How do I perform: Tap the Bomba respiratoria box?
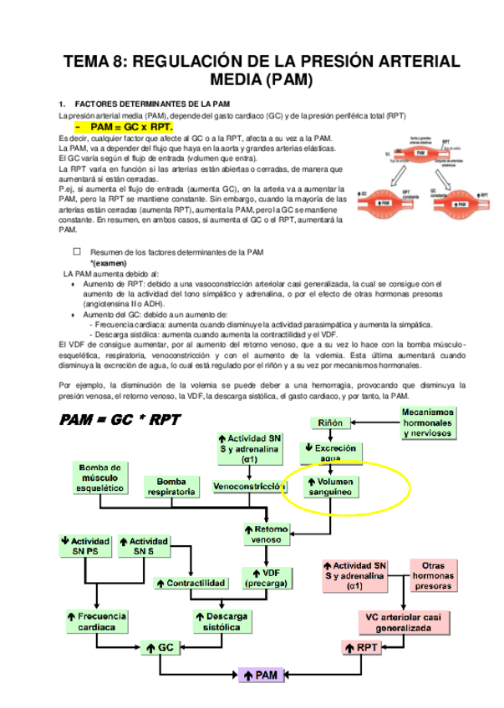tap(171, 487)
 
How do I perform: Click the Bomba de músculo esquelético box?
tap(99, 478)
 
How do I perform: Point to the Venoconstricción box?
tap(246, 486)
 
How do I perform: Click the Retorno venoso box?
tap(267, 534)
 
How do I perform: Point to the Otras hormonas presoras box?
tap(434, 574)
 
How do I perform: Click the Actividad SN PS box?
tap(85, 546)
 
